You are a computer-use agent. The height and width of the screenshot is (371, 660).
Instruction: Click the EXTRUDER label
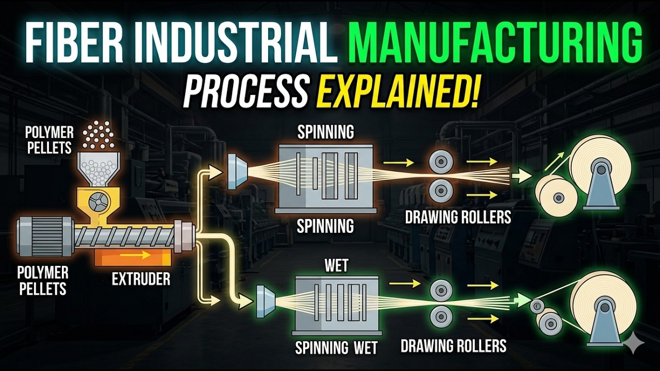click(141, 279)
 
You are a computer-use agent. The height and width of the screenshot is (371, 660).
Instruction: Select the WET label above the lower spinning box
click(336, 265)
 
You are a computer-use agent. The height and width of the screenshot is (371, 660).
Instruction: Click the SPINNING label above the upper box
click(325, 132)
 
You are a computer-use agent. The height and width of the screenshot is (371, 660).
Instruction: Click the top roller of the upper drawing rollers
click(441, 162)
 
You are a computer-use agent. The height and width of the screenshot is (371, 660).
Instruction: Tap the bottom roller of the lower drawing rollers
click(441, 317)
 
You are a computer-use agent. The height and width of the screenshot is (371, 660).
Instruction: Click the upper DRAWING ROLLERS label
click(458, 217)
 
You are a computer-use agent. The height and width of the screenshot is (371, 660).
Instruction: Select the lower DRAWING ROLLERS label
click(453, 346)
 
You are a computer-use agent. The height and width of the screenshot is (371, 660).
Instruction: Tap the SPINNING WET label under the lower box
click(336, 348)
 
